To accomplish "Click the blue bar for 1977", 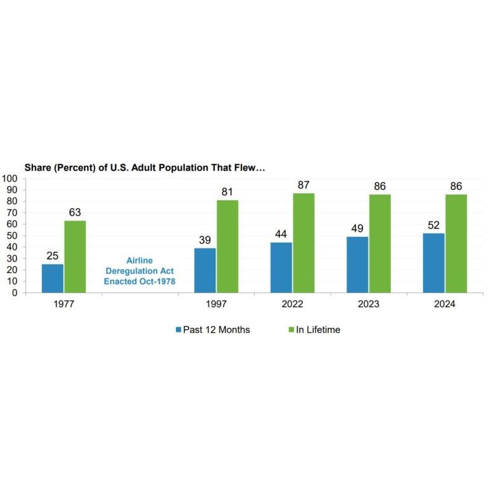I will (x=53, y=278).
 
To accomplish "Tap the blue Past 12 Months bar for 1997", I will (x=205, y=270).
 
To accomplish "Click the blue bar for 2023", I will (x=358, y=264).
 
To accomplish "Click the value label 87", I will (x=303, y=185).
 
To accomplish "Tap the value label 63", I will (x=74, y=212).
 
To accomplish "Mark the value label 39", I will (x=205, y=240).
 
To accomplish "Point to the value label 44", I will (x=281, y=234).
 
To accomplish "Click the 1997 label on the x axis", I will (x=216, y=304).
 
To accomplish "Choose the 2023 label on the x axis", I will (x=369, y=304).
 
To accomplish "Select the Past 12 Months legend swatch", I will (x=179, y=330).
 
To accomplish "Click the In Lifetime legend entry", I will (x=318, y=330).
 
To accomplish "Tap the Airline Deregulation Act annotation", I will (x=140, y=270).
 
